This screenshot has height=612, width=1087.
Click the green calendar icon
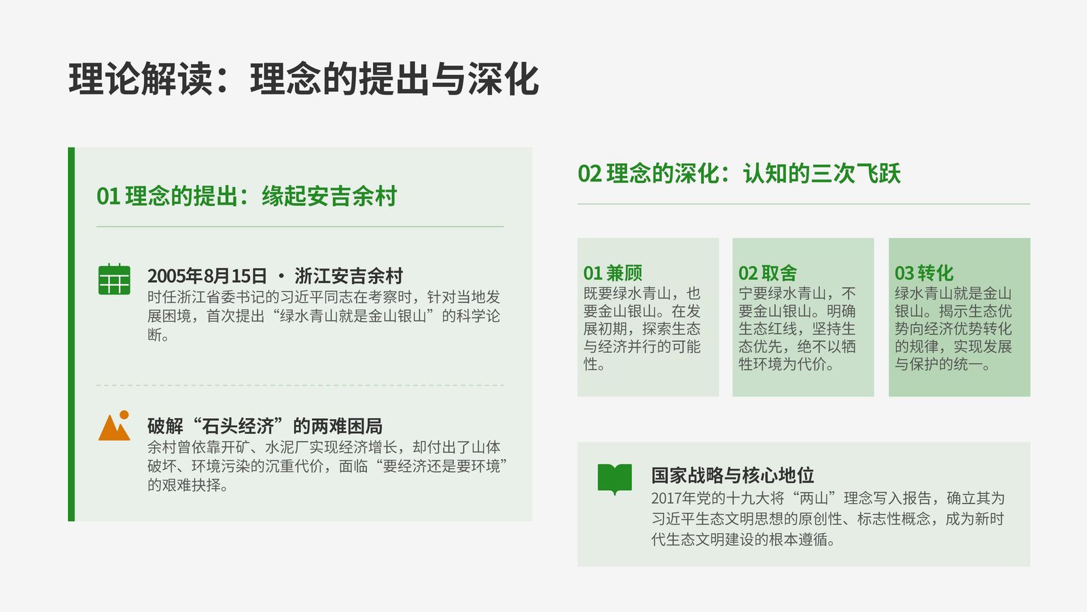[x=114, y=279]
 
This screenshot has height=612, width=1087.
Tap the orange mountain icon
[x=114, y=426]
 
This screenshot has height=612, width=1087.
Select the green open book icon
[x=614, y=479]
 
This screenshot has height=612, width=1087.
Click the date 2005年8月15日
[x=207, y=276]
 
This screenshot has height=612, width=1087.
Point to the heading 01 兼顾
[x=612, y=273]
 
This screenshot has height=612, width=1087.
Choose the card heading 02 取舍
[x=767, y=273]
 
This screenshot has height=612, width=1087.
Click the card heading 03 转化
[x=924, y=273]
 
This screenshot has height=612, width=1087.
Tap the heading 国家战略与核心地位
[x=732, y=475]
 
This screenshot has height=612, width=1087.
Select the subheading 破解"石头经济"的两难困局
[x=265, y=426]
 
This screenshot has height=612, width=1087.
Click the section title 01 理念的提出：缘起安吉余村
[x=247, y=197]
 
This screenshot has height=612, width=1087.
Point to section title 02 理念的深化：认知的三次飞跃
[x=739, y=173]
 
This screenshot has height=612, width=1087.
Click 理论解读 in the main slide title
[x=141, y=79]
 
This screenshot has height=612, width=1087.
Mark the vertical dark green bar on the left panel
[x=71, y=334]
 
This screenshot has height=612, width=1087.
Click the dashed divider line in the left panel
[x=300, y=385]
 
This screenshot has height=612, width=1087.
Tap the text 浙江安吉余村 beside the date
[x=349, y=276]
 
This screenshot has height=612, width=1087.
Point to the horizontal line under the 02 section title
[x=804, y=204]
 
